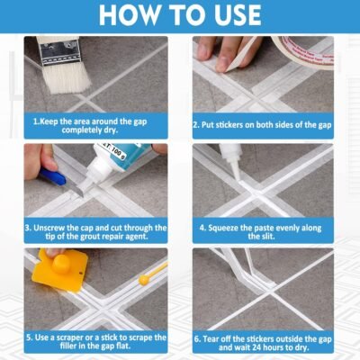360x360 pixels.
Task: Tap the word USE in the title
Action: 233,14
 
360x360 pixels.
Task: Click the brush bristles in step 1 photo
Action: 67,77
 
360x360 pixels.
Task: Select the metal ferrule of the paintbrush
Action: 58,53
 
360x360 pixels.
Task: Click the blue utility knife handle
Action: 53,176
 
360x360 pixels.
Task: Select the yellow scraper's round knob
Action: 61,264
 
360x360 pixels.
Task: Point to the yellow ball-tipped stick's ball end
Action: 144,280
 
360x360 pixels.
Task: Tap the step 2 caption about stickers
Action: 262,125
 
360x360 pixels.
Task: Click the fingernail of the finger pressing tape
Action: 222,64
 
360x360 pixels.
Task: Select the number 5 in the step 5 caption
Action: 29,337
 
